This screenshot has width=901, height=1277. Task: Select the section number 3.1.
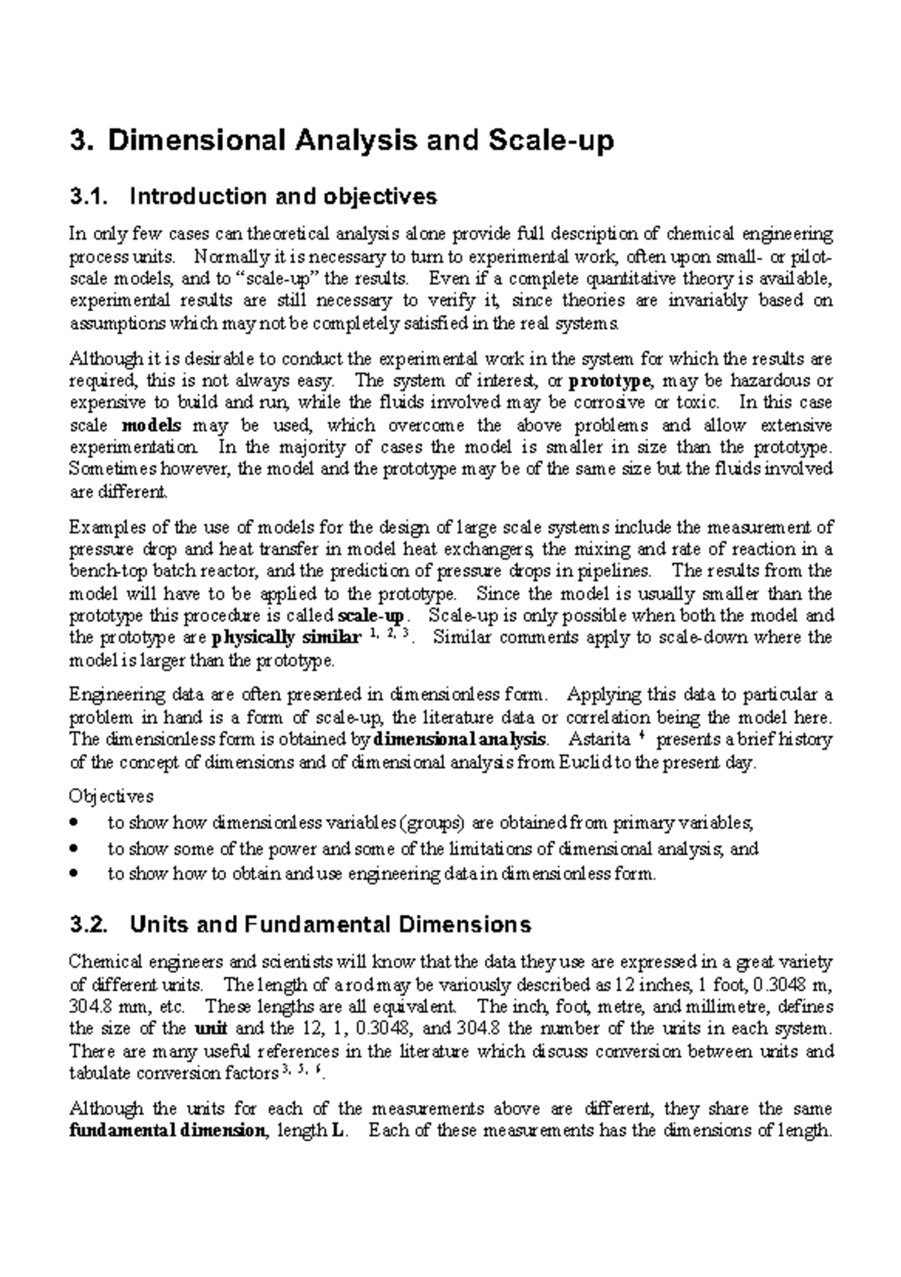pos(89,197)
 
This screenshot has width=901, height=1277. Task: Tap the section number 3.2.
pos(89,924)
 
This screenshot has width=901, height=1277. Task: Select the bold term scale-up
pos(372,617)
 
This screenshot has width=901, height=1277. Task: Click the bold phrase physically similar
pos(285,639)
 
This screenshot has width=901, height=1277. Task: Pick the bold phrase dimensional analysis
pos(460,739)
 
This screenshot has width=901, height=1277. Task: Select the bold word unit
pos(209,1029)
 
